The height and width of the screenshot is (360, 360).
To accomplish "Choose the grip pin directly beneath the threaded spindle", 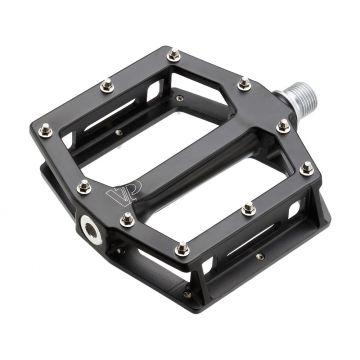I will pos(283,126).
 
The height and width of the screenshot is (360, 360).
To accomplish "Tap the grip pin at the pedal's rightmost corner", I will pos(306,168).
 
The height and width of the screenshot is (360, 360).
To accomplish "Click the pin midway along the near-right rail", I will pos(248,208).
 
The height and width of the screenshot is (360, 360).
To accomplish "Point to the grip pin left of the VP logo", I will pos(83,185).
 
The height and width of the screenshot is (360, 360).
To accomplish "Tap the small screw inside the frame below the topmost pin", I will pos(179,97).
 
